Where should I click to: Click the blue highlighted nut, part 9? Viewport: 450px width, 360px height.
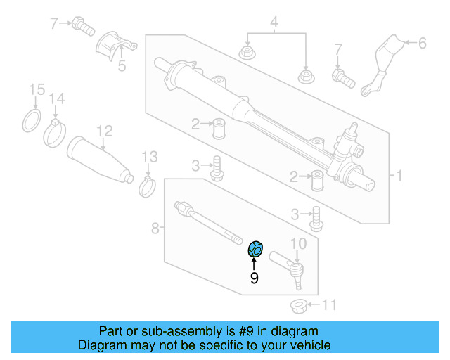pos(255,249)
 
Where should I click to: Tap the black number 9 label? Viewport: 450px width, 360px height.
pos(255,278)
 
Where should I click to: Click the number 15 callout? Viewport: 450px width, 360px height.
pos(36,89)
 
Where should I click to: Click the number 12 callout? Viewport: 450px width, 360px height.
pos(104,130)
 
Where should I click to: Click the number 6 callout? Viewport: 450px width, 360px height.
pos(422,44)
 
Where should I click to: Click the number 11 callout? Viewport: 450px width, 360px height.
pos(329,305)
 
